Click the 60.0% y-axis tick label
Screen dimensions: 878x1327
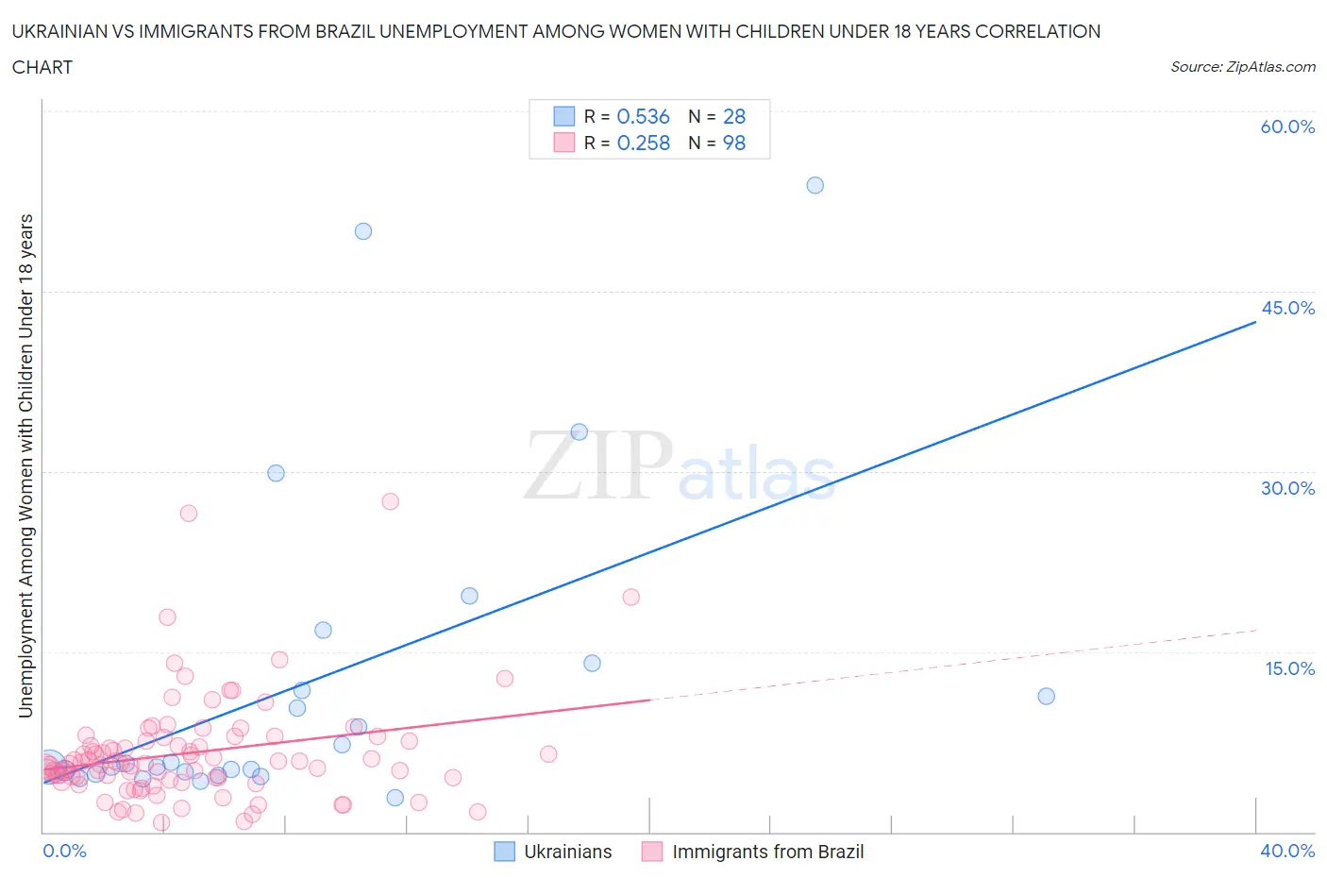pos(1287,127)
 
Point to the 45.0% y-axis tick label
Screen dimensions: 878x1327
pos(1287,308)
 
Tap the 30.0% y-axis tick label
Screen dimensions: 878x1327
pos(1287,488)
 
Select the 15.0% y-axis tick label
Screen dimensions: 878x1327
pos(1289,668)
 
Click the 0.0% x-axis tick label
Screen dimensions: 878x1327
pos(64,851)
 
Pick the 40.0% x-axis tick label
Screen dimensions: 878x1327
pos(1287,851)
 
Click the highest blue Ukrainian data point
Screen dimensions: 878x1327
pos(815,185)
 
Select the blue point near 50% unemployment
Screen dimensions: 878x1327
pos(363,231)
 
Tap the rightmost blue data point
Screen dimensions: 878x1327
pos(1046,696)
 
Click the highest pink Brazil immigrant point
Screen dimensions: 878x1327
pos(391,501)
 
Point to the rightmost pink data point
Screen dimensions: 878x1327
pos(631,597)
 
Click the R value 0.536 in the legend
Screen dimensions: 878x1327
pos(643,116)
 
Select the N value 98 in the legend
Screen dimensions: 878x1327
pos(734,143)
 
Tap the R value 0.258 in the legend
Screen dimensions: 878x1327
pos(643,143)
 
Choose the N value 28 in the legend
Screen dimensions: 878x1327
pos(734,116)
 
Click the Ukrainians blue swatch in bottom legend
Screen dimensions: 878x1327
pos(505,852)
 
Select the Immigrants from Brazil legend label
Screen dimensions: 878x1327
pos(767,852)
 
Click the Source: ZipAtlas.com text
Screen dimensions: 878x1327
pos(1242,66)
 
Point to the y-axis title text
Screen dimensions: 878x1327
pos(26,465)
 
